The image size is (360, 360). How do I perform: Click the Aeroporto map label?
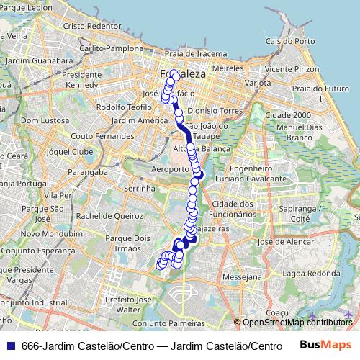tap(171, 170)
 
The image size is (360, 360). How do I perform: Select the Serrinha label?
tap(140, 188)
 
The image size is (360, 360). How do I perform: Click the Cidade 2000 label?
tap(287, 115)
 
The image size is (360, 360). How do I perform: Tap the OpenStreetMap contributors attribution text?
tap(297, 322)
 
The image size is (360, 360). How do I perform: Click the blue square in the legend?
tap(9, 346)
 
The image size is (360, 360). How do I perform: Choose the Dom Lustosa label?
tap(45, 120)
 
